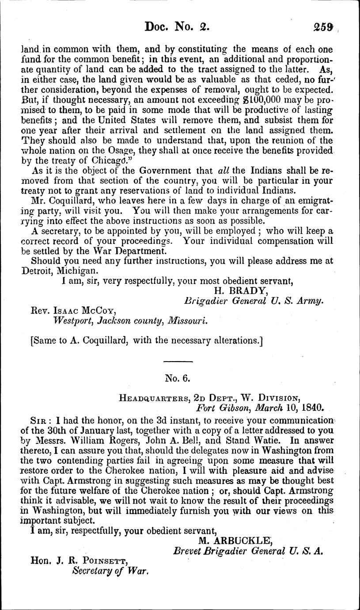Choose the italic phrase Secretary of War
click(109, 571)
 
